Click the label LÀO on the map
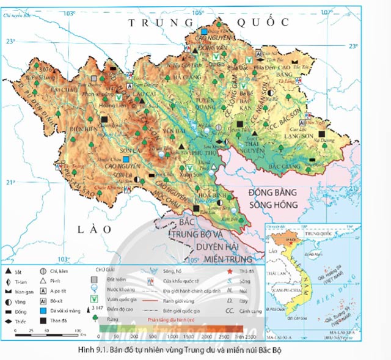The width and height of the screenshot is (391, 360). [96, 229]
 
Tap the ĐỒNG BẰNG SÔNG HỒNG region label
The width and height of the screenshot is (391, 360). [272, 198]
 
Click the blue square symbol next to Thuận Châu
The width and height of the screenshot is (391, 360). [126, 159]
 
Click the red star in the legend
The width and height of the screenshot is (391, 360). [229, 270]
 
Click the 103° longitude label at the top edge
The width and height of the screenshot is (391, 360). [71, 13]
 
